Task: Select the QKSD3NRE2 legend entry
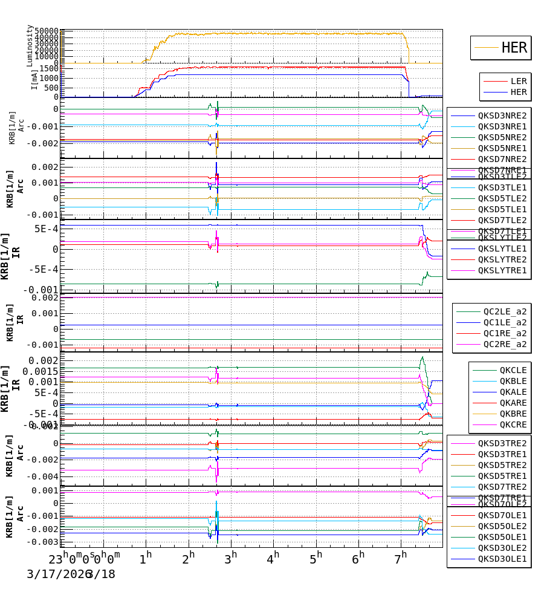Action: point(502,115)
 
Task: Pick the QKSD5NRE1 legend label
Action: point(502,148)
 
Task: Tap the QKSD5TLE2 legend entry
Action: point(502,198)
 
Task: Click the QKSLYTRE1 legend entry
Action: point(502,270)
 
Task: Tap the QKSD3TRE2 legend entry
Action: point(502,443)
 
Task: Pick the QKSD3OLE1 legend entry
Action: point(502,559)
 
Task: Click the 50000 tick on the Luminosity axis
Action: point(47,31)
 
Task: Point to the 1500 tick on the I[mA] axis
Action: point(50,68)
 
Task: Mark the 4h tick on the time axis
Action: point(273,556)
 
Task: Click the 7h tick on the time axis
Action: point(401,556)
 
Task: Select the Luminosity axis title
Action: point(30,45)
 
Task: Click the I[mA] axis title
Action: point(34,79)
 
